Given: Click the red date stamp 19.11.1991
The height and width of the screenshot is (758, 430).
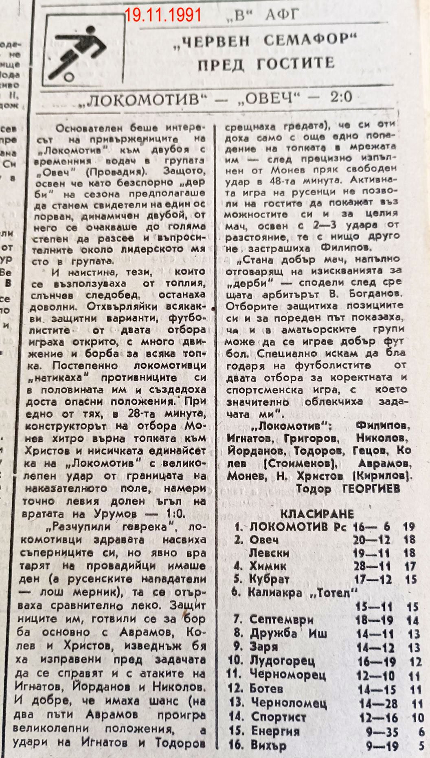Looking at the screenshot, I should point(163,15).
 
